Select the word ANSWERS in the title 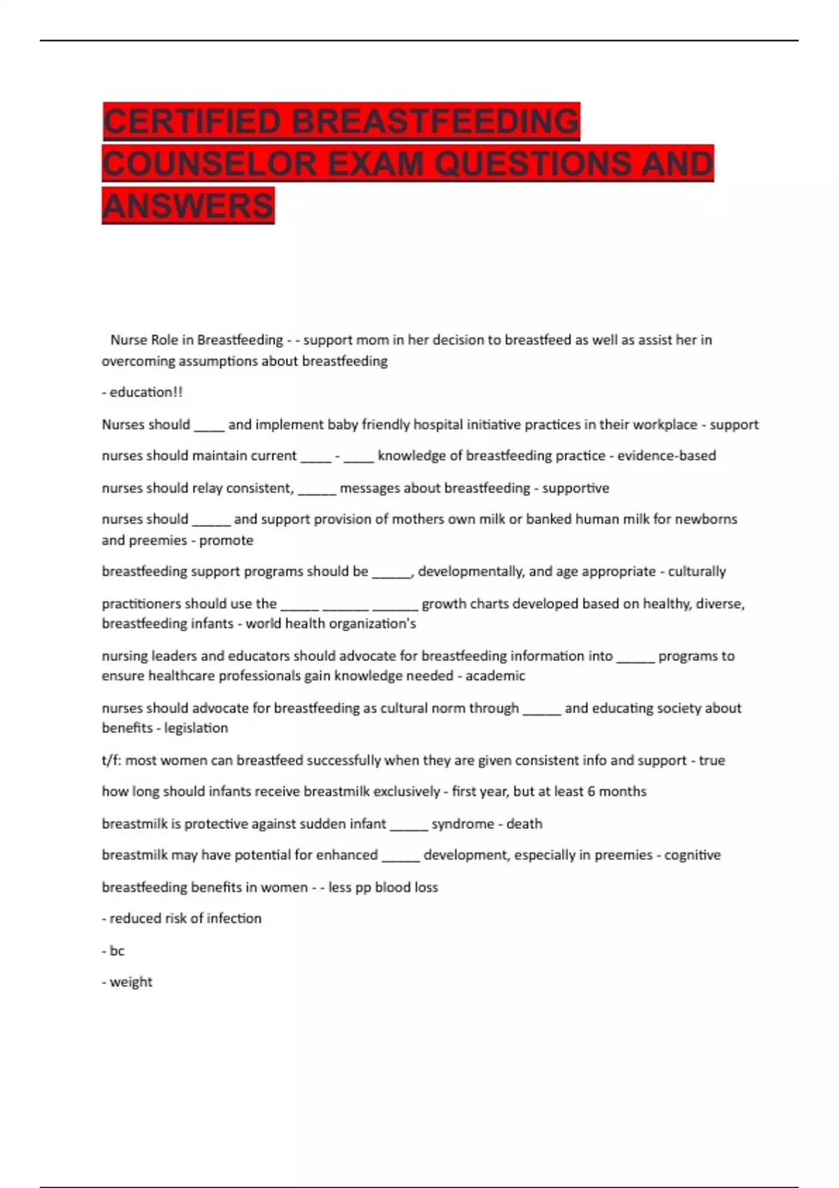[x=188, y=205]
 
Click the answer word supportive [x=575, y=488]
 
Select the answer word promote [x=227, y=540]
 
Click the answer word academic [x=495, y=676]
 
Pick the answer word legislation [x=196, y=728]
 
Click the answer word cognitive [x=692, y=855]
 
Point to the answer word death [x=524, y=824]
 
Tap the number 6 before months [x=591, y=791]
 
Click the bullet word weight [x=131, y=982]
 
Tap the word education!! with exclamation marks [x=146, y=392]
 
